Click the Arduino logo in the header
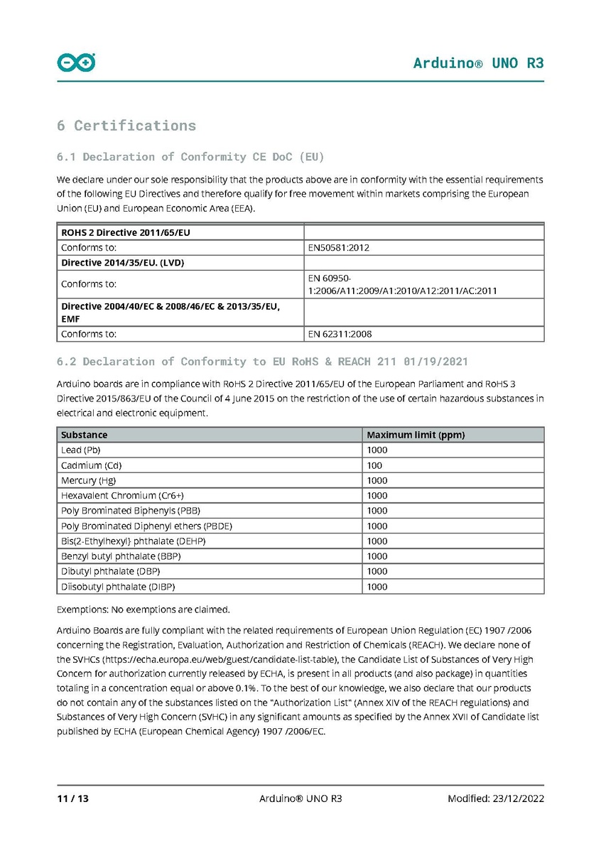point(76,63)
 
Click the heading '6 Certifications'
point(126,126)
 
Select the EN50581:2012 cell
point(338,248)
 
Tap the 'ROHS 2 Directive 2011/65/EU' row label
point(126,232)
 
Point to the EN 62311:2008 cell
point(340,333)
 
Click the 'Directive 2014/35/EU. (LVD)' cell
point(123,263)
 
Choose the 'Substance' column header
point(85,435)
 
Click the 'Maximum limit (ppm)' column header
point(416,435)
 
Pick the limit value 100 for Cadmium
point(374,465)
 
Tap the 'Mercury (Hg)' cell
point(89,480)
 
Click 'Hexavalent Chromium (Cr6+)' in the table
point(117,496)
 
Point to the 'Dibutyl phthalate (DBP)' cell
point(111,571)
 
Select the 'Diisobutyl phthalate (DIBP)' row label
point(118,587)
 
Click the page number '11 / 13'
point(72,798)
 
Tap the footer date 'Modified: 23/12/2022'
point(496,798)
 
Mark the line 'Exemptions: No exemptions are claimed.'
point(143,609)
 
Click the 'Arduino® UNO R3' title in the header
point(478,63)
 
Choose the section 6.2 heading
point(262,362)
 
